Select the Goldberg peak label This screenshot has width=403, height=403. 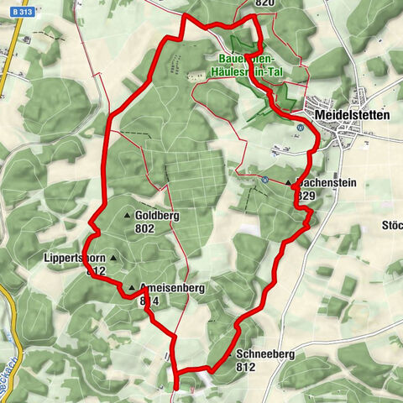(157, 215)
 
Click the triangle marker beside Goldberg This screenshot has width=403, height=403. (128, 215)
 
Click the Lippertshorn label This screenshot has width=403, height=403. (71, 259)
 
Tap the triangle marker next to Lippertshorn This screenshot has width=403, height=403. (112, 259)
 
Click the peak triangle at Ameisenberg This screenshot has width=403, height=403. (131, 288)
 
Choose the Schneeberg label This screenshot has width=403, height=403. (265, 354)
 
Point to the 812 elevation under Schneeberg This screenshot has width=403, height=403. (246, 367)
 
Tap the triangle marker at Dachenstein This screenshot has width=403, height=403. (288, 182)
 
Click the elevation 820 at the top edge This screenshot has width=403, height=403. (264, 4)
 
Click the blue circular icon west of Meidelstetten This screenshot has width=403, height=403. (300, 128)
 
